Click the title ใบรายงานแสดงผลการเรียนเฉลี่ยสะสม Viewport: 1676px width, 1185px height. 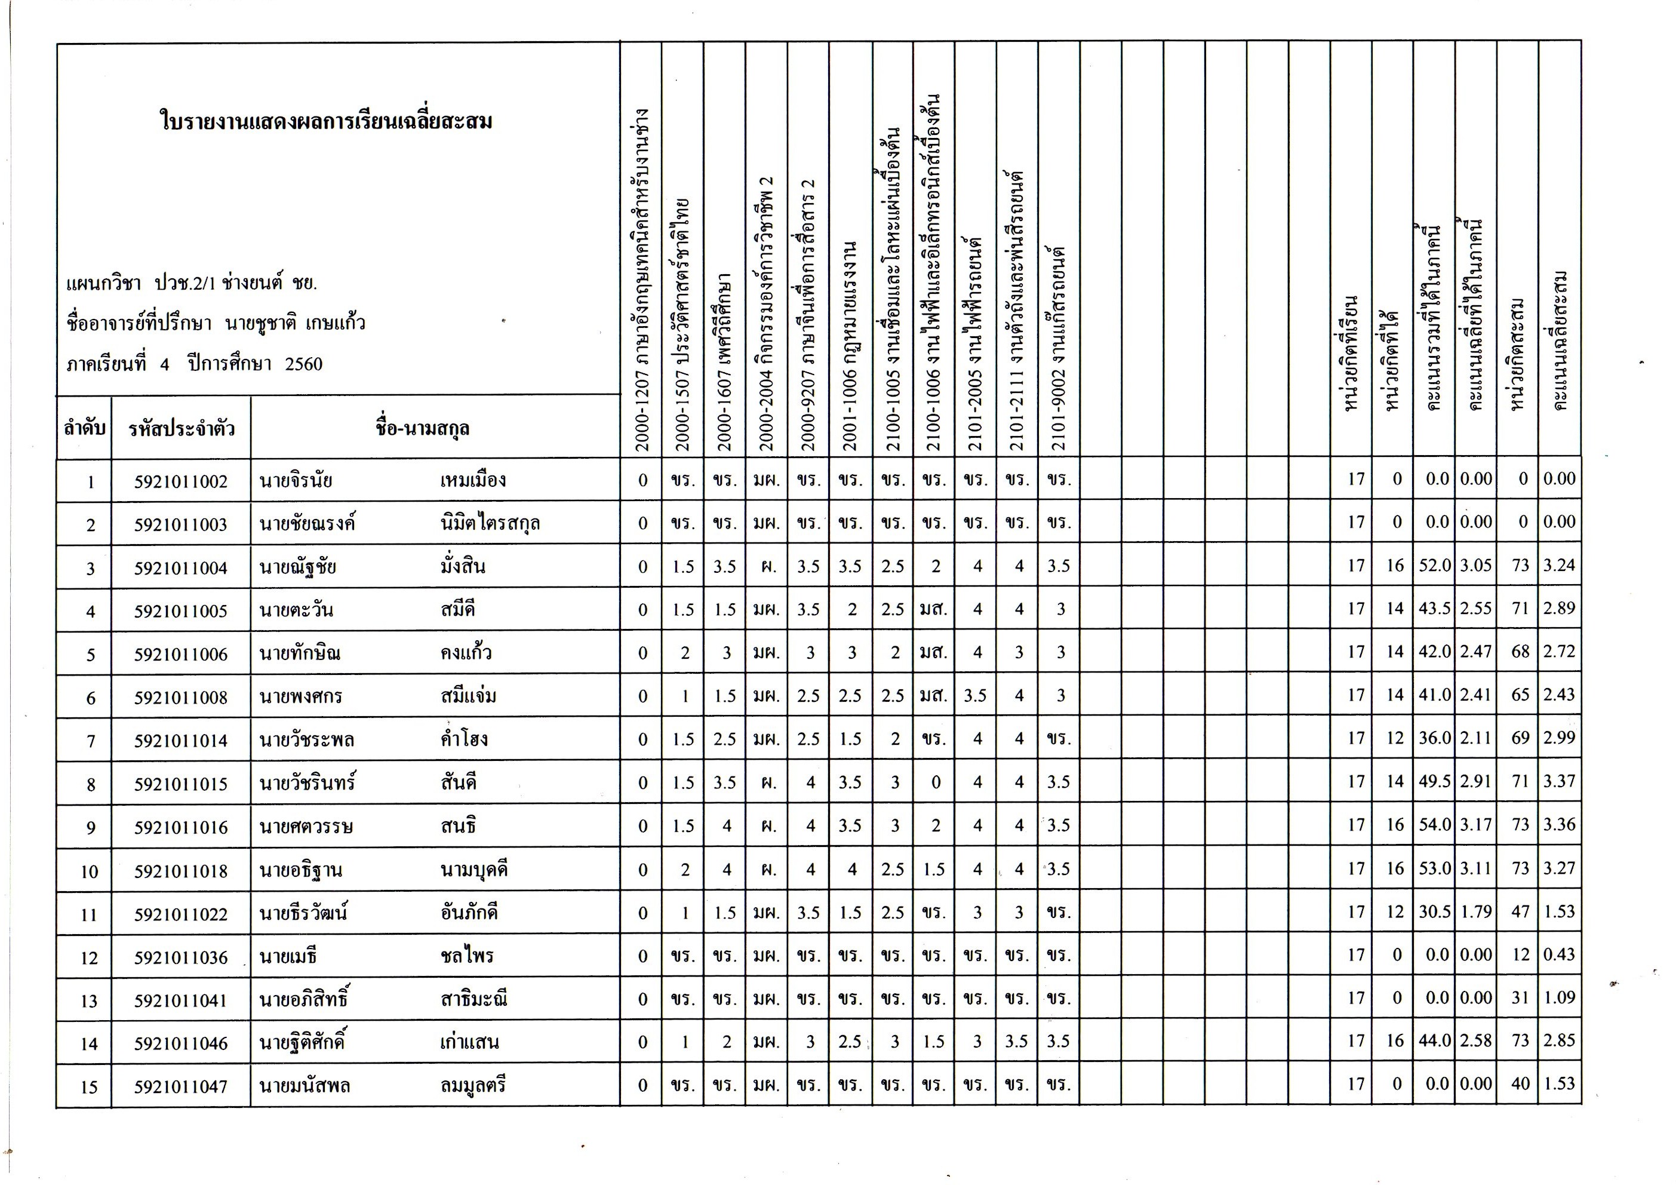click(x=325, y=121)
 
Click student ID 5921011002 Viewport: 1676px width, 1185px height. click(x=180, y=482)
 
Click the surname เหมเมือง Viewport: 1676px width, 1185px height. click(x=473, y=480)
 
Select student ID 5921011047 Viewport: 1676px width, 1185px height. click(x=180, y=1086)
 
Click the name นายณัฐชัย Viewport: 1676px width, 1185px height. click(x=297, y=567)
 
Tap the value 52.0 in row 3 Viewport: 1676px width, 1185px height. click(x=1434, y=566)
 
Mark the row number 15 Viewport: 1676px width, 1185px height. click(x=88, y=1087)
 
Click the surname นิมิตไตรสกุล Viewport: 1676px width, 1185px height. click(x=490, y=523)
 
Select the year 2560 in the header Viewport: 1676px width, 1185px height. click(x=304, y=364)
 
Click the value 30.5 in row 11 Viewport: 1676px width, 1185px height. click(x=1434, y=912)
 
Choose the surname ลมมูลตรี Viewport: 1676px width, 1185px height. click(x=473, y=1086)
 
